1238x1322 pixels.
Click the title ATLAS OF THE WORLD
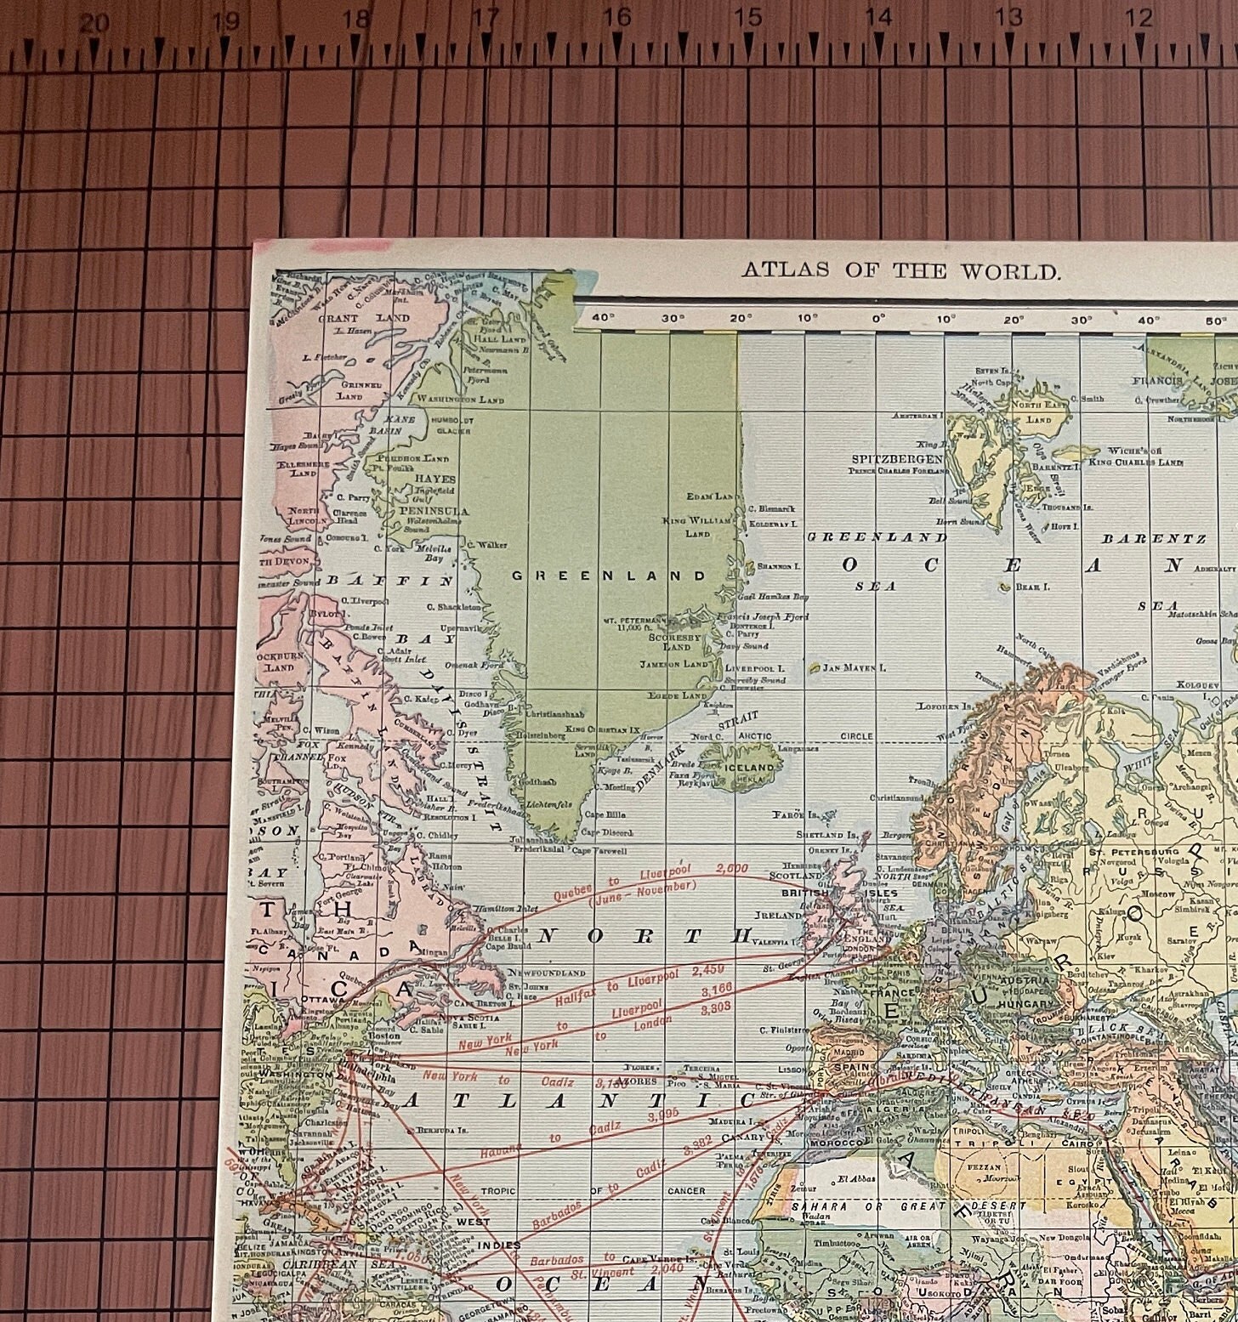coord(902,272)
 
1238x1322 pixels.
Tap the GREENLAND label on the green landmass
coord(609,576)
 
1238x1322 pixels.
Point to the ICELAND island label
coord(749,767)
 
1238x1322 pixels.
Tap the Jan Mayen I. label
coord(855,667)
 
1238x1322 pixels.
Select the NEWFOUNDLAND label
coord(547,973)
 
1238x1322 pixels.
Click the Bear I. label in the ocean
coord(1038,587)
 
